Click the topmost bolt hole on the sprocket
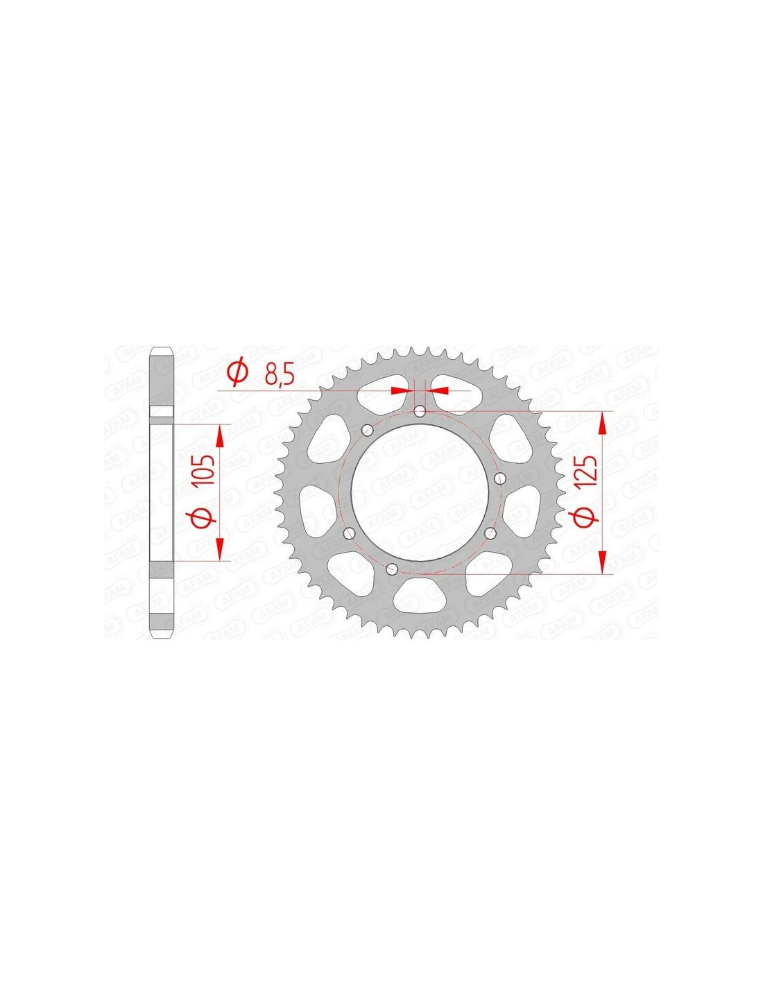point(420,412)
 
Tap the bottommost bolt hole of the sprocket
point(391,568)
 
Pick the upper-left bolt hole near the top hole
point(367,429)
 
